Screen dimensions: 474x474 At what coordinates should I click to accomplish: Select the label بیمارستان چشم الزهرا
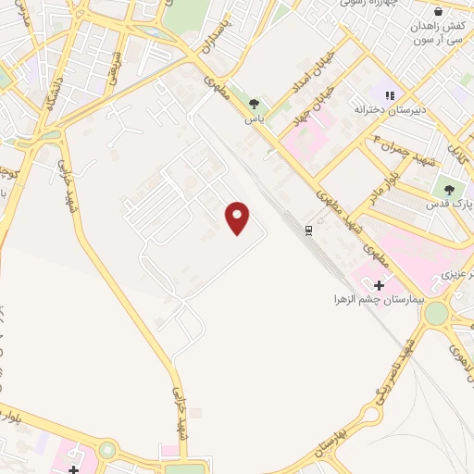click(x=379, y=301)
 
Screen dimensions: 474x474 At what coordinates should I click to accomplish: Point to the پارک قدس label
click(x=455, y=201)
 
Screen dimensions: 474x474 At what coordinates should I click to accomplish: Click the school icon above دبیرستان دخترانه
click(x=388, y=94)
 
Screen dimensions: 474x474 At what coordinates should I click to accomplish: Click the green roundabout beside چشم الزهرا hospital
click(x=434, y=313)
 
